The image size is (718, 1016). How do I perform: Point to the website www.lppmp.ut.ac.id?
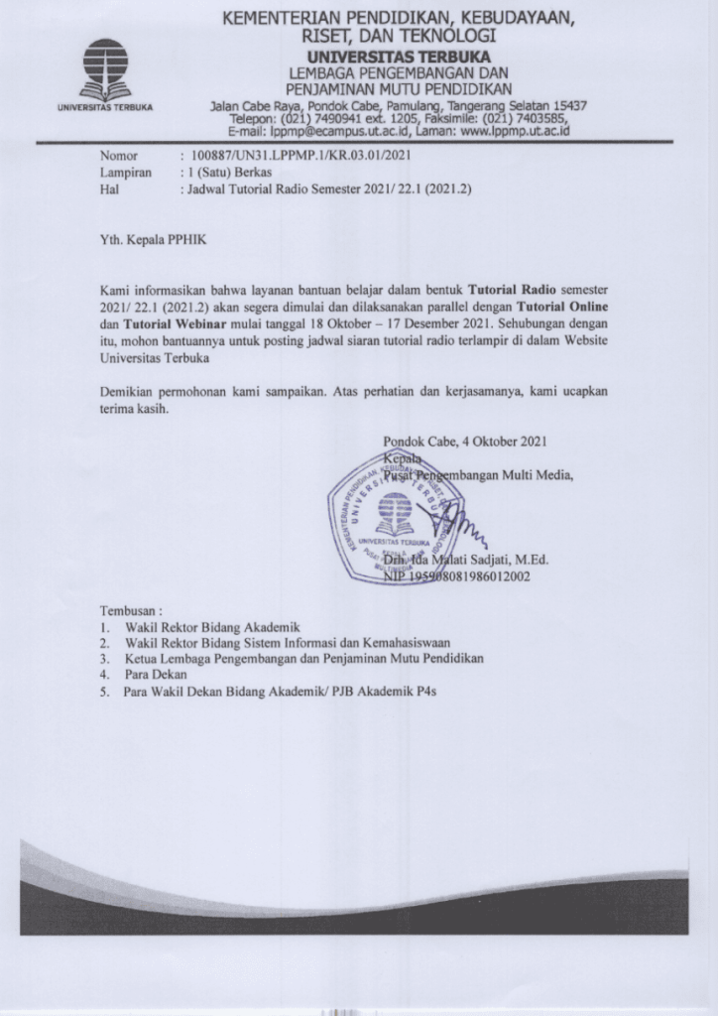510,130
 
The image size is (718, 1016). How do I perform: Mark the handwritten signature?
456,522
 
